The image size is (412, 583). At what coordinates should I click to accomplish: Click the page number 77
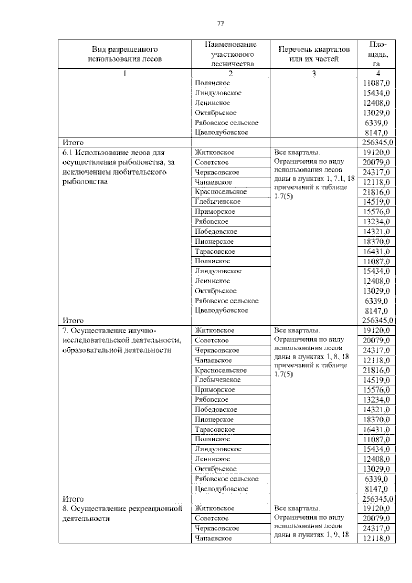221,24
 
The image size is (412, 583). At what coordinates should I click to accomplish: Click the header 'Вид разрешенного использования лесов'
125,54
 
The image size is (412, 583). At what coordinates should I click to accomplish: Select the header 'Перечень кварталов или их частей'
314,54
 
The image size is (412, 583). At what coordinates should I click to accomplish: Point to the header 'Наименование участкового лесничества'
230,54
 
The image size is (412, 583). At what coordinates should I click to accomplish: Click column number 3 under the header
314,74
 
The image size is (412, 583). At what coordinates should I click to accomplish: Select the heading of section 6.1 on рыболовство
118,167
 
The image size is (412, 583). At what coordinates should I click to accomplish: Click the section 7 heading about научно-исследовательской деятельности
122,340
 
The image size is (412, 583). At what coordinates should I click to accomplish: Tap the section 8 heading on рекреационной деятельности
122,513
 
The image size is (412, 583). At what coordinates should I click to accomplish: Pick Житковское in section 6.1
215,152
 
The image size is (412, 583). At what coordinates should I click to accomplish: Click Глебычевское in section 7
218,380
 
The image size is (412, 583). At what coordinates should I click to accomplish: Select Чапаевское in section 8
213,538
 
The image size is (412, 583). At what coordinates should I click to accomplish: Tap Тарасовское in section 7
215,429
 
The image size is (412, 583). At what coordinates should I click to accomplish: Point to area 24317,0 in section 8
376,529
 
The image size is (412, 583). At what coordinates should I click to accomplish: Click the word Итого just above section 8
73,499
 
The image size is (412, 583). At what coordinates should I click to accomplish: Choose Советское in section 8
211,518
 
